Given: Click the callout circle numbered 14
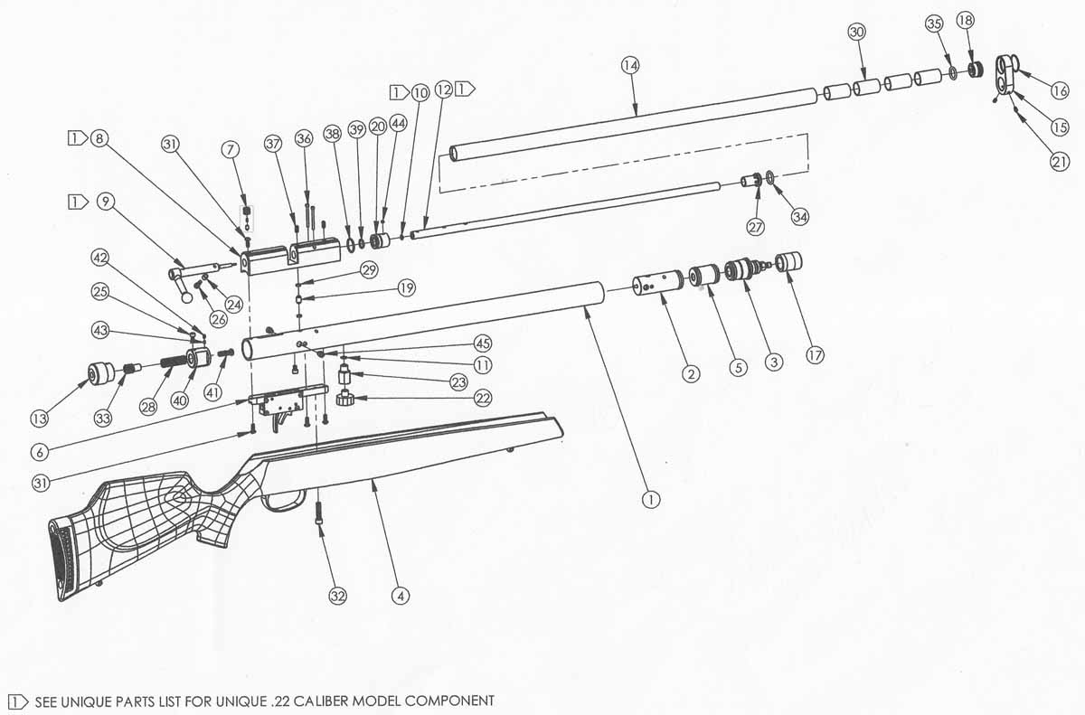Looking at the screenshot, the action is click(x=629, y=65).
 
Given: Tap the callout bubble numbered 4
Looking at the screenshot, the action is click(x=401, y=596).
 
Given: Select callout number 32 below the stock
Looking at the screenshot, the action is click(x=337, y=596).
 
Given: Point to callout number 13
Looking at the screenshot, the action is click(x=39, y=419).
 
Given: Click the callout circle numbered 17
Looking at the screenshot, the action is click(x=816, y=356).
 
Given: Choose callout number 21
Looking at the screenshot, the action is click(x=1060, y=161).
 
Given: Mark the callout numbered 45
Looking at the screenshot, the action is click(x=483, y=343).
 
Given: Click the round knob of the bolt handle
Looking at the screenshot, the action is click(x=187, y=297).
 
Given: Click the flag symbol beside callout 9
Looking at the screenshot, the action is click(x=78, y=202).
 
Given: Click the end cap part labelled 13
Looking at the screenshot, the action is click(x=100, y=374).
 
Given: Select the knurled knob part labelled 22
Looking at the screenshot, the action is click(x=345, y=399).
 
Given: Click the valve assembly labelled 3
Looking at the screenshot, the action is click(x=745, y=269).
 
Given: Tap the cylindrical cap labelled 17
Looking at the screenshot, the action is click(x=789, y=262).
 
